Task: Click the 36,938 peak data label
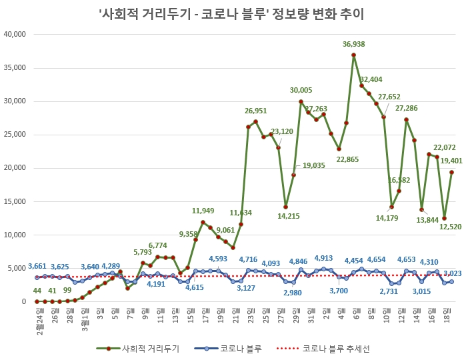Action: (x=354, y=45)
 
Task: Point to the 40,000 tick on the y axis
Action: (x=14, y=34)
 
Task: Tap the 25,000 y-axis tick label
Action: (x=14, y=135)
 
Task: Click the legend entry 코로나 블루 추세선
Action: (x=331, y=348)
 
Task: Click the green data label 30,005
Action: (x=301, y=90)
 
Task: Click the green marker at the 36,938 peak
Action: (x=354, y=55)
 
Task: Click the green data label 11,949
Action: (x=203, y=211)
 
